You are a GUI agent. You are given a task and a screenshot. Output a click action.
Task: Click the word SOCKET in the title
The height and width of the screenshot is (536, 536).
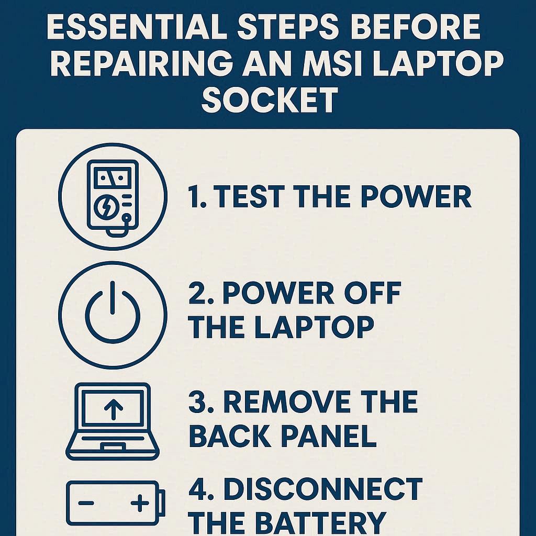270,99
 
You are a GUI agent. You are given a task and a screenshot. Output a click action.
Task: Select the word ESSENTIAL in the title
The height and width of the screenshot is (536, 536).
137,27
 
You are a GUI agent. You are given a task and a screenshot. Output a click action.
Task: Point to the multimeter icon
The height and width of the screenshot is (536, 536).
113,197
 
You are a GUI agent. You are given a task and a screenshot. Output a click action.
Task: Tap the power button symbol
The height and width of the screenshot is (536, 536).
113,311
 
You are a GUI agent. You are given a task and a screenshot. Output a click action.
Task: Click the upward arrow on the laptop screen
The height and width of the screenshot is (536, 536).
114,409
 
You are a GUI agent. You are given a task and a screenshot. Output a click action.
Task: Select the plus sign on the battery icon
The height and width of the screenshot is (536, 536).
140,503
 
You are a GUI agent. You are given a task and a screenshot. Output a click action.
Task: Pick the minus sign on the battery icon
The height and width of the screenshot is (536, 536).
86,503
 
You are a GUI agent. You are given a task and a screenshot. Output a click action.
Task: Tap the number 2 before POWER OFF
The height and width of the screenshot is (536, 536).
197,293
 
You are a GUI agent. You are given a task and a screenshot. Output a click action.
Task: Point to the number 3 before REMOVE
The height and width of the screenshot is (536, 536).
197,401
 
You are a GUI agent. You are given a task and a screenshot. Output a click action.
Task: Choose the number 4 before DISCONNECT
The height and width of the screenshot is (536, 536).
197,489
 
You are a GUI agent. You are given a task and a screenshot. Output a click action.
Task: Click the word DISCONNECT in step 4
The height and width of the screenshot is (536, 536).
323,489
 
